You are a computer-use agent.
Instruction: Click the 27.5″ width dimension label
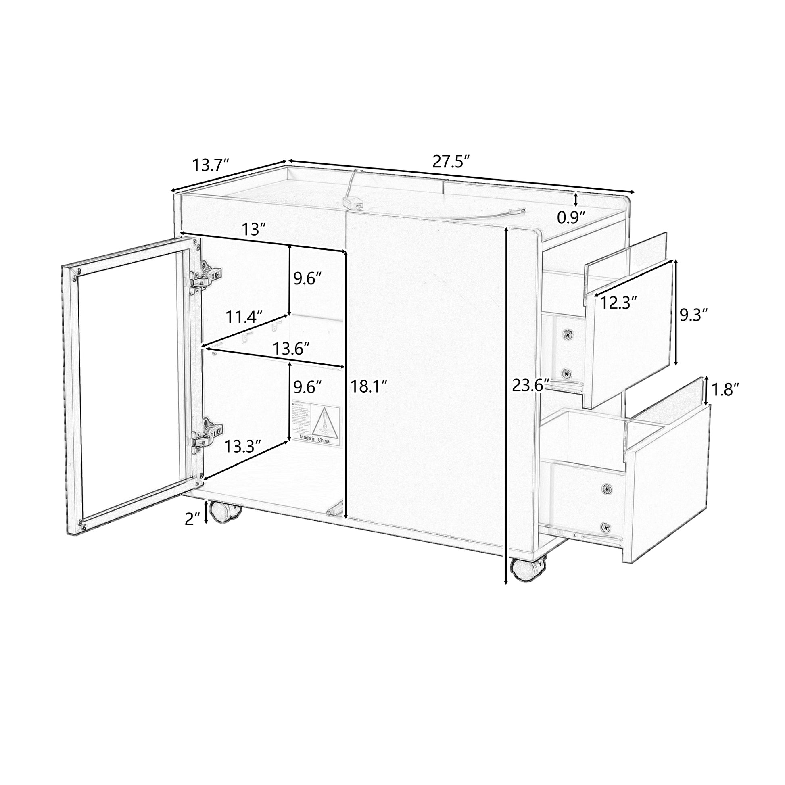pyautogui.click(x=451, y=161)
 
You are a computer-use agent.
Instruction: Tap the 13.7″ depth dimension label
pyautogui.click(x=211, y=165)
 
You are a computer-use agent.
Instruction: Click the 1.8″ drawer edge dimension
pyautogui.click(x=725, y=390)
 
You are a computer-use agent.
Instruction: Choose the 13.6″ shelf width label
pyautogui.click(x=291, y=349)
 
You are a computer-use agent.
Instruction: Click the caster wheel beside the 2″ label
pyautogui.click(x=222, y=512)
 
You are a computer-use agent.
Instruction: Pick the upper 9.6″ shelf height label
pyautogui.click(x=308, y=279)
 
